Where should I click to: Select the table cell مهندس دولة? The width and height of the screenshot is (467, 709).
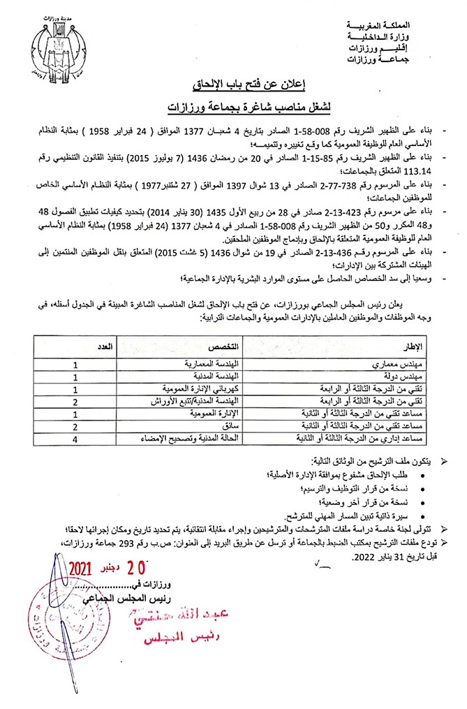408,378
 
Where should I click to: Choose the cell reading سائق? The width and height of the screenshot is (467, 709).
231,425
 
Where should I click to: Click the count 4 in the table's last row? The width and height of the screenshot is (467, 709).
75,438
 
